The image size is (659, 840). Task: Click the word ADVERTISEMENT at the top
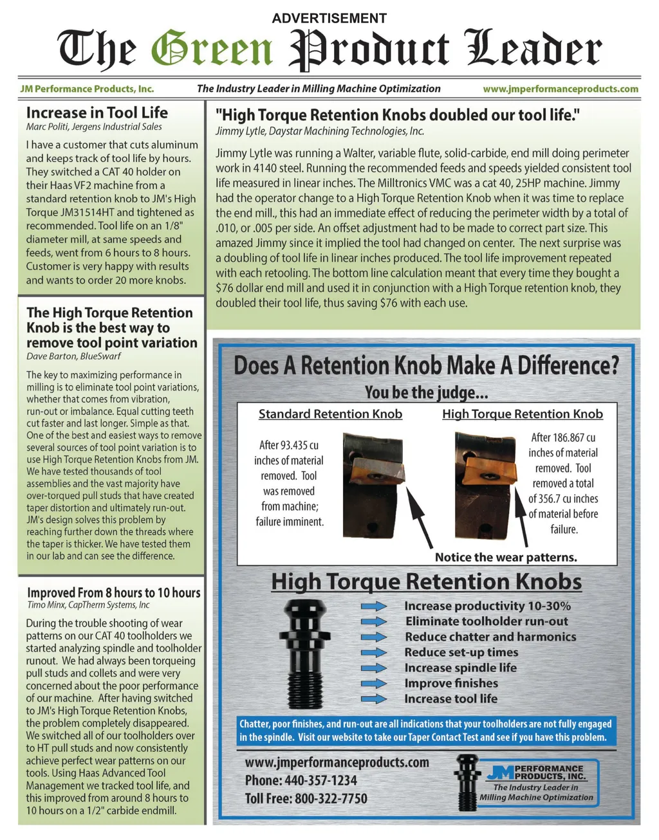(x=329, y=18)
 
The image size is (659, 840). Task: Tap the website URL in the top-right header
(x=561, y=89)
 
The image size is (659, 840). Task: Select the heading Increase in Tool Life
(x=97, y=113)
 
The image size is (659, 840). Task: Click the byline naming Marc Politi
(x=94, y=127)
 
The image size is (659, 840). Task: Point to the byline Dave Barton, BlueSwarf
(x=73, y=356)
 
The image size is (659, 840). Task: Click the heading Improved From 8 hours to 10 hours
(x=113, y=592)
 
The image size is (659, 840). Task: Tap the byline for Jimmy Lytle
(x=319, y=131)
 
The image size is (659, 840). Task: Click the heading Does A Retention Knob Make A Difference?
(x=425, y=365)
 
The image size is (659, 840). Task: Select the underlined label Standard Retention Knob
(x=330, y=414)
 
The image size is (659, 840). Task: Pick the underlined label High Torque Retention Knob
(x=522, y=414)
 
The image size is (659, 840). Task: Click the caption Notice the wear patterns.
(x=506, y=557)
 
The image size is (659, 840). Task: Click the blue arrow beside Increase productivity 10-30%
(x=373, y=606)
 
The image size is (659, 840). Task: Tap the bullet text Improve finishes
(x=451, y=683)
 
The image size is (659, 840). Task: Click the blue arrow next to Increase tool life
(x=373, y=698)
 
